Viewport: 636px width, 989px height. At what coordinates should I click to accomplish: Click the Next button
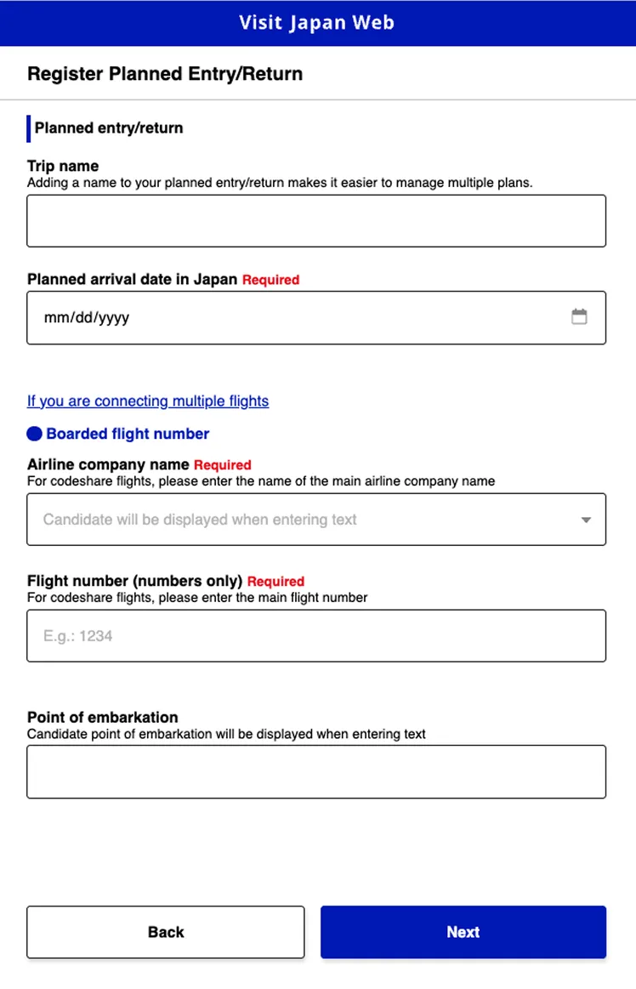click(463, 932)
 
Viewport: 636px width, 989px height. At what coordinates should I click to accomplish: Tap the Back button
click(166, 932)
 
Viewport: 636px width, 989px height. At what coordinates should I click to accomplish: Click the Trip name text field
click(316, 221)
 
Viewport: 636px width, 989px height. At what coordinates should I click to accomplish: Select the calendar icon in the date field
click(579, 317)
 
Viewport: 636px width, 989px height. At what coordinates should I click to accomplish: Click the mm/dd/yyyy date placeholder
click(87, 318)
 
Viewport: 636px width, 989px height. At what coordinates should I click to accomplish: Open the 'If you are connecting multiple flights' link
click(148, 401)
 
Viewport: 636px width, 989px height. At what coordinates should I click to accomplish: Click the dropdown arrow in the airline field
click(586, 520)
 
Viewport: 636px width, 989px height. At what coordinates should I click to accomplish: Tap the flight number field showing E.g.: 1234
click(316, 635)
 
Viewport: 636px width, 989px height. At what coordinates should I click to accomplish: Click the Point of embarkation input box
click(316, 771)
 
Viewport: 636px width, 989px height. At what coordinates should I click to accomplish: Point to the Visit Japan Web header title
click(317, 23)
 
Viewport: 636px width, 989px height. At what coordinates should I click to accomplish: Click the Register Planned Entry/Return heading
click(165, 74)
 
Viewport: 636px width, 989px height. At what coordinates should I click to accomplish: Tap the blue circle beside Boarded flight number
click(34, 434)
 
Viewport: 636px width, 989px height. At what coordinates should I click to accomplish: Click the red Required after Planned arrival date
click(270, 280)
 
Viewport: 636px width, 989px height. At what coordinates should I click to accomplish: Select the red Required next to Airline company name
click(223, 465)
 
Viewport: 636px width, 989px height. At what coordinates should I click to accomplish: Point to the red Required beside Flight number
click(275, 582)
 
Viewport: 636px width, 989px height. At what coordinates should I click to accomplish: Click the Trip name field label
click(63, 166)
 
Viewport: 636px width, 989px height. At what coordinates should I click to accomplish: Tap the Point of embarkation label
click(102, 717)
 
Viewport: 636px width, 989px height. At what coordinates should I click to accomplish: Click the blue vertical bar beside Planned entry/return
click(29, 128)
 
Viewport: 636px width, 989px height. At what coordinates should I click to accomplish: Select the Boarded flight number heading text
click(128, 434)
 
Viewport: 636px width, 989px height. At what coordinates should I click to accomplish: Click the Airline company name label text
click(108, 465)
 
